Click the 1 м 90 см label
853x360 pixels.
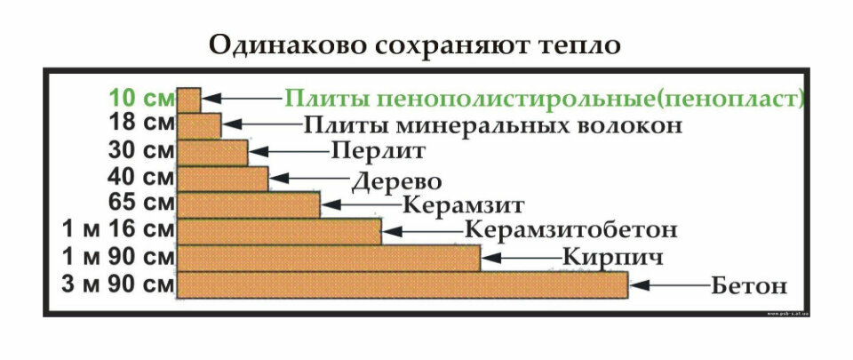coord(118,258)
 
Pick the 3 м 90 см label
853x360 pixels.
coord(118,285)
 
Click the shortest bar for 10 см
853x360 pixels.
coord(189,99)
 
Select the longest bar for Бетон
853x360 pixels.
coord(403,285)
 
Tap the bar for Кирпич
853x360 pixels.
coord(329,259)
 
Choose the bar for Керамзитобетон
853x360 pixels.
coord(280,231)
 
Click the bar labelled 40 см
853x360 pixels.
coord(223,178)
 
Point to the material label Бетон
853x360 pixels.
coord(749,287)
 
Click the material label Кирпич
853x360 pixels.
coord(602,259)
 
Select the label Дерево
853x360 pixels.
coord(396,182)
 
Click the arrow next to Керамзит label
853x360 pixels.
coord(360,204)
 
